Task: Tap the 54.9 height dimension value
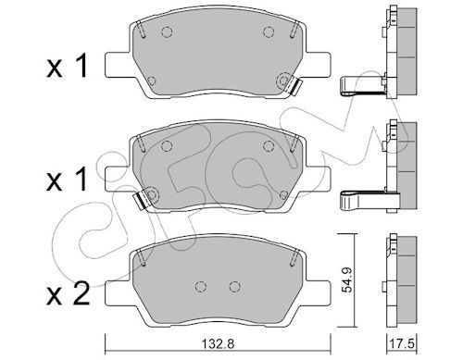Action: click(x=347, y=279)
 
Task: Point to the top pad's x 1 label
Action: click(x=68, y=65)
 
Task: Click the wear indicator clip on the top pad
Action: click(x=294, y=87)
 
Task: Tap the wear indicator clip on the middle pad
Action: click(x=140, y=201)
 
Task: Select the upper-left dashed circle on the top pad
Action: click(x=167, y=31)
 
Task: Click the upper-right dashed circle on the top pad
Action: click(x=269, y=31)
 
